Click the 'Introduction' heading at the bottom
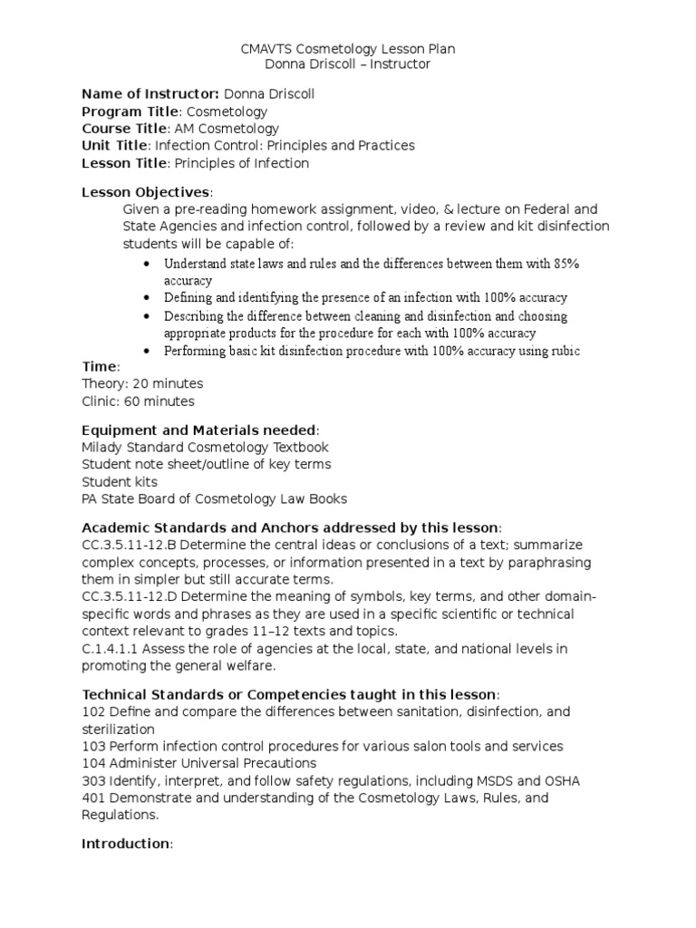[x=125, y=844]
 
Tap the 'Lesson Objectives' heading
[x=146, y=192]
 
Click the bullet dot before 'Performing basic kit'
[x=148, y=351]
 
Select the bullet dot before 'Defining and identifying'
[x=148, y=297]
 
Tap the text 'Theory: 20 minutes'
[x=142, y=384]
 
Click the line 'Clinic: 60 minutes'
[x=138, y=401]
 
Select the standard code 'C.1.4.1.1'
[x=111, y=648]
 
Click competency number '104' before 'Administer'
[x=93, y=763]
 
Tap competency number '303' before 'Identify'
[x=93, y=780]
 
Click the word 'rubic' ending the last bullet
[x=564, y=351]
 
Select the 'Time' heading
[x=99, y=367]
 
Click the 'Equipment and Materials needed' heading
[x=199, y=430]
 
